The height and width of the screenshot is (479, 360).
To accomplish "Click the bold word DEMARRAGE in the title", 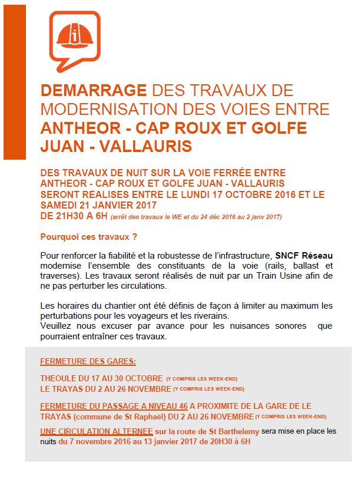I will pyautogui.click(x=93, y=91).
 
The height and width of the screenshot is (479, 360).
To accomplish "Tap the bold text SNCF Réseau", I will pyautogui.click(x=303, y=256).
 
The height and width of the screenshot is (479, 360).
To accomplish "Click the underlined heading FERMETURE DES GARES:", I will pyautogui.click(x=88, y=362).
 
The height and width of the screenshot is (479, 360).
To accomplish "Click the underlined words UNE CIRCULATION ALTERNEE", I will pyautogui.click(x=96, y=431).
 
